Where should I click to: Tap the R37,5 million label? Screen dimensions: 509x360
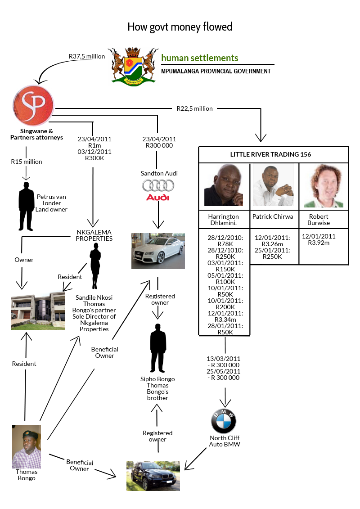click(x=87, y=57)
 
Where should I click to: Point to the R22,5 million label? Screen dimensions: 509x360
click(x=194, y=108)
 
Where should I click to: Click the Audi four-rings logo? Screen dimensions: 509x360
click(x=158, y=185)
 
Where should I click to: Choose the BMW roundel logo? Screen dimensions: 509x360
click(x=224, y=422)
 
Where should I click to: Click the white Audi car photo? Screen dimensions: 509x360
click(x=158, y=251)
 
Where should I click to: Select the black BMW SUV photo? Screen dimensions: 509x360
click(x=153, y=475)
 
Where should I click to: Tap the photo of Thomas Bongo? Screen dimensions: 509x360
click(x=27, y=446)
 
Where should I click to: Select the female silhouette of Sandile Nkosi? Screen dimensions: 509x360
click(x=95, y=267)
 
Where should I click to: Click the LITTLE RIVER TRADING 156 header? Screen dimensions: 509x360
click(x=274, y=154)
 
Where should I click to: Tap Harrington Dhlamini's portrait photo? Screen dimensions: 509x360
click(x=224, y=185)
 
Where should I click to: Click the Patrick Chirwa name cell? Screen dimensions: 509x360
click(x=273, y=216)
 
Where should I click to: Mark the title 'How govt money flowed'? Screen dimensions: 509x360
click(x=180, y=27)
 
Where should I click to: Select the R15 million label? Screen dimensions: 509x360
click(x=27, y=162)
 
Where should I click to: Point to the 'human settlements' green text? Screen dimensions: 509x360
click(x=200, y=58)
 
